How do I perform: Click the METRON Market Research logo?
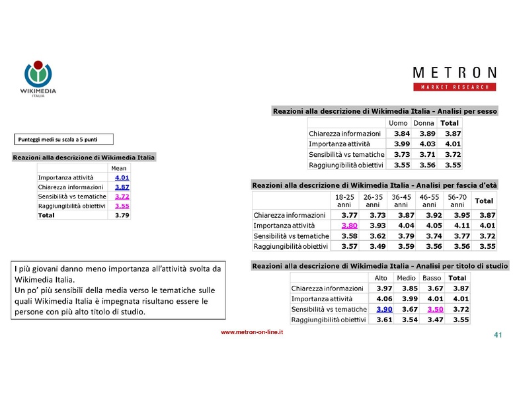tap(454, 78)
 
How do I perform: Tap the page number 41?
tap(498, 335)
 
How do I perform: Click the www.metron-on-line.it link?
tap(252, 332)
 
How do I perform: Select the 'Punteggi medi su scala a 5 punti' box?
tap(64, 139)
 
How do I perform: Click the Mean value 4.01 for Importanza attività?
tap(122, 178)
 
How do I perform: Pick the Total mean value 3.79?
tap(122, 215)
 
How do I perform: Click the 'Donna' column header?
tap(423, 123)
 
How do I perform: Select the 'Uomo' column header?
tap(398, 123)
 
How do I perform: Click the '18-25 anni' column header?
tap(344, 200)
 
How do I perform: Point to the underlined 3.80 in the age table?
tap(349, 226)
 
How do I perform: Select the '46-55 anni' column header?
tap(429, 200)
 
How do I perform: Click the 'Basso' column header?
tap(432, 278)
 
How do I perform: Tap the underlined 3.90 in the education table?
tap(384, 309)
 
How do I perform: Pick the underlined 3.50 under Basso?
tap(435, 309)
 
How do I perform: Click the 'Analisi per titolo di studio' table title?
tap(380, 266)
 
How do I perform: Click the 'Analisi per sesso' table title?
tap(385, 111)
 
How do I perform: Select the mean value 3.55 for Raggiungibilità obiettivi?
tap(122, 206)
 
